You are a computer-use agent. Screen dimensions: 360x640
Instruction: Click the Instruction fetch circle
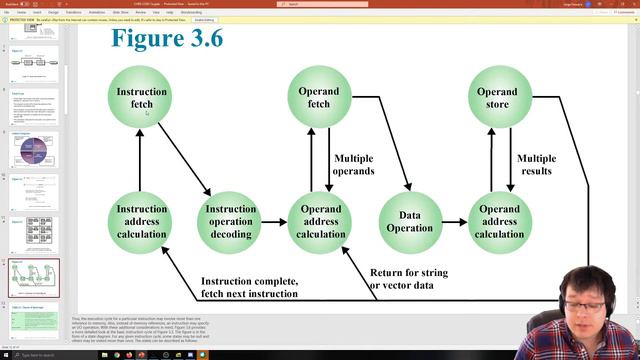pyautogui.click(x=141, y=97)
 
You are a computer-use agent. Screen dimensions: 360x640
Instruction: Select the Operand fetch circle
pyautogui.click(x=320, y=97)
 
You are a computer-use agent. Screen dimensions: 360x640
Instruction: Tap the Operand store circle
pyautogui.click(x=497, y=97)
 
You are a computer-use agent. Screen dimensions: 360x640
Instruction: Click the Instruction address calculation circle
pyautogui.click(x=141, y=221)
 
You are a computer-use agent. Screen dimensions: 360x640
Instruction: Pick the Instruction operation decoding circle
pyautogui.click(x=231, y=221)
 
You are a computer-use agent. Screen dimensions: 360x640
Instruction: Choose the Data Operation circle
pyautogui.click(x=410, y=221)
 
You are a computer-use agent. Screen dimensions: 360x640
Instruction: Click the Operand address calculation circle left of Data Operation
pyautogui.click(x=320, y=221)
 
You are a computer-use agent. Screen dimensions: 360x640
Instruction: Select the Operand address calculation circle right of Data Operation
pyautogui.click(x=499, y=221)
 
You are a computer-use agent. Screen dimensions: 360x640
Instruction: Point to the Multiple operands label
pyautogui.click(x=354, y=164)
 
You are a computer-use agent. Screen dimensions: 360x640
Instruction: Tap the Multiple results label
pyautogui.click(x=536, y=164)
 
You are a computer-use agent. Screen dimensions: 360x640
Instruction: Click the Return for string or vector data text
pyautogui.click(x=408, y=279)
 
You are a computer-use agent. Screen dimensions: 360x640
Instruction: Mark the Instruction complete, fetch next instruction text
pyautogui.click(x=249, y=287)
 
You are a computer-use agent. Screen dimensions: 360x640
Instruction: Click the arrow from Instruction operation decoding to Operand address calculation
pyautogui.click(x=275, y=221)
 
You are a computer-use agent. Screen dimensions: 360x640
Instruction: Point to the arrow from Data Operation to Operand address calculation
pyautogui.click(x=455, y=221)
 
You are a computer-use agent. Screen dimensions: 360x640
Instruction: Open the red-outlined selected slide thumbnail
pyautogui.click(x=33, y=278)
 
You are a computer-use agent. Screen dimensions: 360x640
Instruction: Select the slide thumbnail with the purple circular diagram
pyautogui.click(x=33, y=150)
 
